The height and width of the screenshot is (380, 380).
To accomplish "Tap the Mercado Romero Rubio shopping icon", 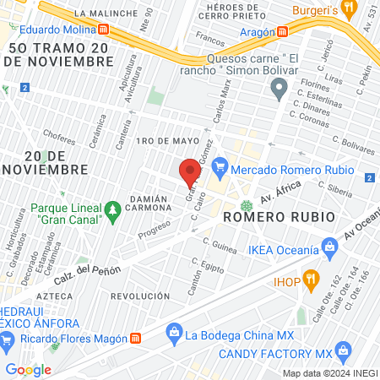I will (222, 166).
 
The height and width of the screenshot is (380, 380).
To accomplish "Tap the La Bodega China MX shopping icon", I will (176, 334).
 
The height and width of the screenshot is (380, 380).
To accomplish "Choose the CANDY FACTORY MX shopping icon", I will (343, 350).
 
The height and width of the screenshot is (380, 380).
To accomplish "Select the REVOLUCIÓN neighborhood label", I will (140, 296).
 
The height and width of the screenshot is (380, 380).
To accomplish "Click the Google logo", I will (28, 369).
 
